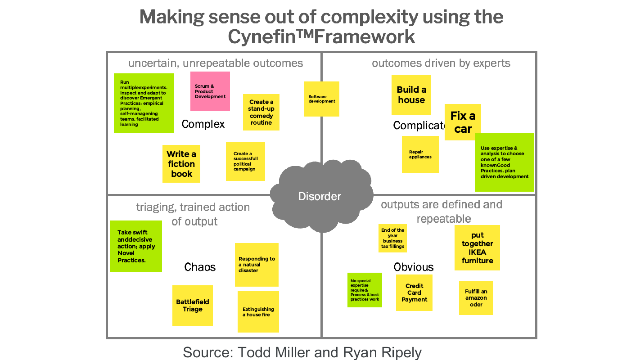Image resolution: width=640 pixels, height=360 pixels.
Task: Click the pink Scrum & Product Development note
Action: [210, 91]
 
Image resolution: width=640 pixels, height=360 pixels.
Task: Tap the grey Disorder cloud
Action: [320, 196]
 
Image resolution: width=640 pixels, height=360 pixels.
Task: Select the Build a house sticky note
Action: [411, 95]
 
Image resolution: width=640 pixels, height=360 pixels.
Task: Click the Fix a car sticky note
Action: [463, 122]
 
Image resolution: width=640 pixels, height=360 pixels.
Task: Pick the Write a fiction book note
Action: [181, 164]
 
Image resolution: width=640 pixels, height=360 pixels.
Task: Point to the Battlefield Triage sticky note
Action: [193, 306]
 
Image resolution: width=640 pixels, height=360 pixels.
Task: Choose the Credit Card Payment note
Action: [414, 293]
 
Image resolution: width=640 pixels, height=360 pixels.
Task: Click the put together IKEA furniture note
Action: [477, 248]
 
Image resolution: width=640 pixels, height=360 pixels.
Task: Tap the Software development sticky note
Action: [322, 99]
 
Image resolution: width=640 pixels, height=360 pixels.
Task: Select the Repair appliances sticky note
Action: [420, 154]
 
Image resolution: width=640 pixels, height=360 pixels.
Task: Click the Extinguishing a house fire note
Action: [258, 312]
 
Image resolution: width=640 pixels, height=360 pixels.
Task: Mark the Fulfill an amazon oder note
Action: [476, 298]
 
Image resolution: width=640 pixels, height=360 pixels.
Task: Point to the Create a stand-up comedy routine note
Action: [261, 112]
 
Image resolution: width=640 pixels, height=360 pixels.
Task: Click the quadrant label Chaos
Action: [200, 267]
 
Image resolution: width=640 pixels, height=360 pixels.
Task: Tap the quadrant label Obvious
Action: [414, 267]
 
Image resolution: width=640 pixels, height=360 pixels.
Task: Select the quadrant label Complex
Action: [203, 124]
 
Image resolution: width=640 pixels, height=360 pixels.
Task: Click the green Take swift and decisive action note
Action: [136, 246]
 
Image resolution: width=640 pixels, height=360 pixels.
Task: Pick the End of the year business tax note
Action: [392, 238]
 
